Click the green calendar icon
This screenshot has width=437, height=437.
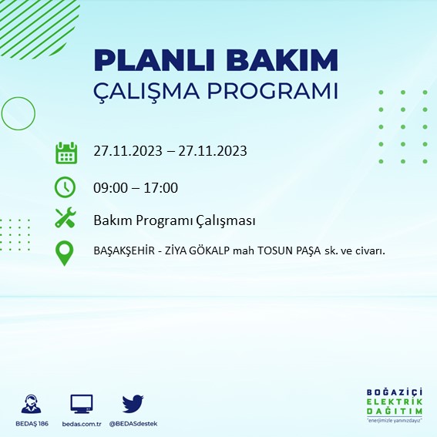66,152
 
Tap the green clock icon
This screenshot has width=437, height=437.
66,187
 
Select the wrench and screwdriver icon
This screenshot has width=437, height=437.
66,219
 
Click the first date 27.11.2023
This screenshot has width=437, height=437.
126,151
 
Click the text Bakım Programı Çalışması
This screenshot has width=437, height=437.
174,221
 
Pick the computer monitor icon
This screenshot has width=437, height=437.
81,404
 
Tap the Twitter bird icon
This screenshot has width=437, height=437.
133,404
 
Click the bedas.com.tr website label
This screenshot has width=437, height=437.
81,424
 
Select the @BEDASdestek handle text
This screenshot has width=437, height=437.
133,424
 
